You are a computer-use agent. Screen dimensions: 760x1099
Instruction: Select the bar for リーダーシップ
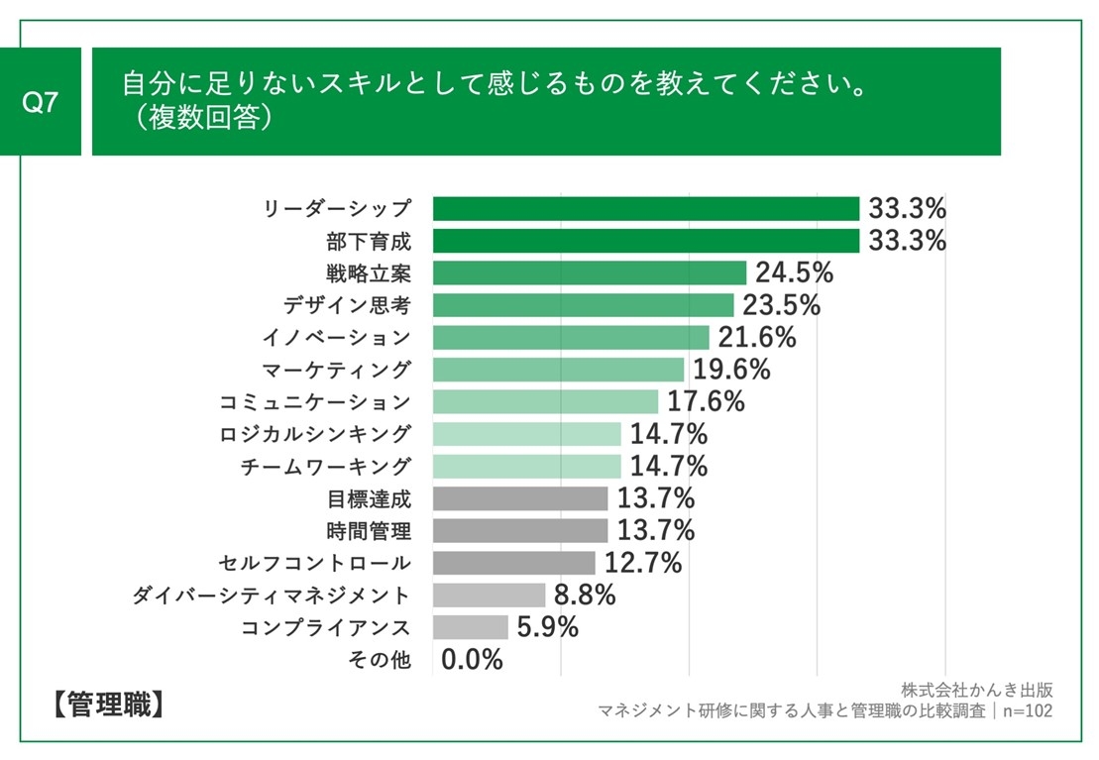(645, 209)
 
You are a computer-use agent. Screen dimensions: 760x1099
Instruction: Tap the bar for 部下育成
(645, 241)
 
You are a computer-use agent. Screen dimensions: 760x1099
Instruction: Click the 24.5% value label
(794, 272)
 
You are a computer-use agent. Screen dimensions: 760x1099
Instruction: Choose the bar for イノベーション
(571, 337)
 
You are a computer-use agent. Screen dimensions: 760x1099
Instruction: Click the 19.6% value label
(731, 370)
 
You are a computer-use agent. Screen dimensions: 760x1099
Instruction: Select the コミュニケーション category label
(314, 402)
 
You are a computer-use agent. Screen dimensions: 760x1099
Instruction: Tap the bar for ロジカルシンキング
(526, 434)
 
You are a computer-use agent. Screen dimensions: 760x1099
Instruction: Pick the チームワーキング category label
(325, 467)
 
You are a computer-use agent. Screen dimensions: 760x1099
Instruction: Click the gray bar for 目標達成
(520, 498)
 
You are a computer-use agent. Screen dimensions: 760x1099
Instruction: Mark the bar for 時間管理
(520, 530)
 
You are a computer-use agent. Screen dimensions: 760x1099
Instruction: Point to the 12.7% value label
(643, 563)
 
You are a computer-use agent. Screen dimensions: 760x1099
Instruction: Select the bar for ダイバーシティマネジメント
(489, 595)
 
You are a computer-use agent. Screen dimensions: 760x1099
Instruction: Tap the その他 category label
(381, 659)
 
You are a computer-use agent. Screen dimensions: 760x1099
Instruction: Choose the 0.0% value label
(472, 659)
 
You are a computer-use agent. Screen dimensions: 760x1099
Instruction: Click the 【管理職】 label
(104, 706)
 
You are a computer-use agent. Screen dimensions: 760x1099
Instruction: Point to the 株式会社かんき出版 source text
(976, 690)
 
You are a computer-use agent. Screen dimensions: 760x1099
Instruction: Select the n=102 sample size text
(1027, 710)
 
